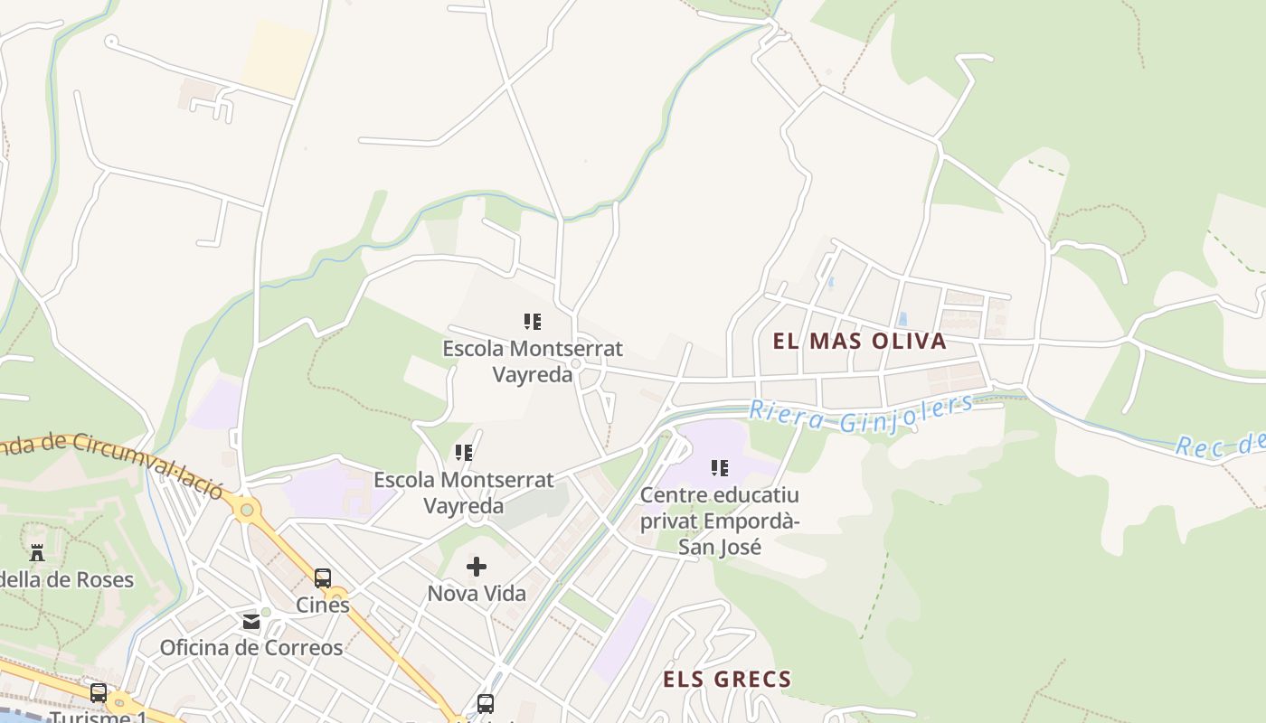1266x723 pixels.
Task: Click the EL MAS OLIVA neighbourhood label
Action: [x=859, y=341]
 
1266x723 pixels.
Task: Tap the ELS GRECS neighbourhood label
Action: [x=727, y=679]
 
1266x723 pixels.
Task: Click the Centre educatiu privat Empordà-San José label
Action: [x=720, y=521]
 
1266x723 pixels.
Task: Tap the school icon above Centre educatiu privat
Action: [x=720, y=468]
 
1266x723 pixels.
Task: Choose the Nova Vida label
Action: [x=477, y=594]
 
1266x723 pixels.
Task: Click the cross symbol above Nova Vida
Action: [x=477, y=567]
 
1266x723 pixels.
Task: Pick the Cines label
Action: [x=323, y=605]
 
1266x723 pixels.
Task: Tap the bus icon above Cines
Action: [x=323, y=578]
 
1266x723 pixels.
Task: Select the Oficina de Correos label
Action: [x=251, y=648]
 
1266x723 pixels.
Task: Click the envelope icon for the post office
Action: [x=250, y=622]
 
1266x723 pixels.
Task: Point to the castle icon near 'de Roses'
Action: [x=37, y=552]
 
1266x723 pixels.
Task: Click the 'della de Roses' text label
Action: [x=67, y=579]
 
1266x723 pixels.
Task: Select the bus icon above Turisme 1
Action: [x=98, y=693]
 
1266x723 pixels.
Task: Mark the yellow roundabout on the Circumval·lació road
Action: [x=246, y=511]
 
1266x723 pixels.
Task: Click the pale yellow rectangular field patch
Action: [x=279, y=56]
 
